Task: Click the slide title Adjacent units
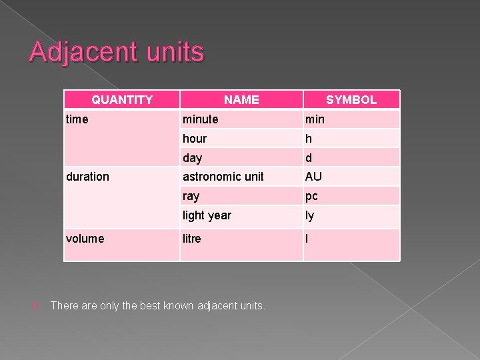pyautogui.click(x=117, y=52)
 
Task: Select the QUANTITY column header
pyautogui.click(x=122, y=100)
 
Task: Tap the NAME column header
pyautogui.click(x=241, y=100)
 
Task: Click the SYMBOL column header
pyautogui.click(x=351, y=100)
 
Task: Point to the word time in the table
pyautogui.click(x=77, y=119)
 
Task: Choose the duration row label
pyautogui.click(x=87, y=177)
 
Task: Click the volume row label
pyautogui.click(x=85, y=239)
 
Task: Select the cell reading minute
pyautogui.click(x=200, y=119)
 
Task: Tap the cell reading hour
pyautogui.click(x=195, y=139)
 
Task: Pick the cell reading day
pyautogui.click(x=192, y=158)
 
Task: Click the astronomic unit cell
pyautogui.click(x=223, y=177)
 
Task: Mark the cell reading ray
pyautogui.click(x=191, y=196)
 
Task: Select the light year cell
pyautogui.click(x=207, y=215)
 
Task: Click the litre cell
pyautogui.click(x=191, y=239)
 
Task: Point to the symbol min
pyautogui.click(x=315, y=119)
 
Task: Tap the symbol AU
pyautogui.click(x=313, y=177)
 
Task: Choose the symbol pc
pyautogui.click(x=311, y=196)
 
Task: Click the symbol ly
pyautogui.click(x=309, y=215)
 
